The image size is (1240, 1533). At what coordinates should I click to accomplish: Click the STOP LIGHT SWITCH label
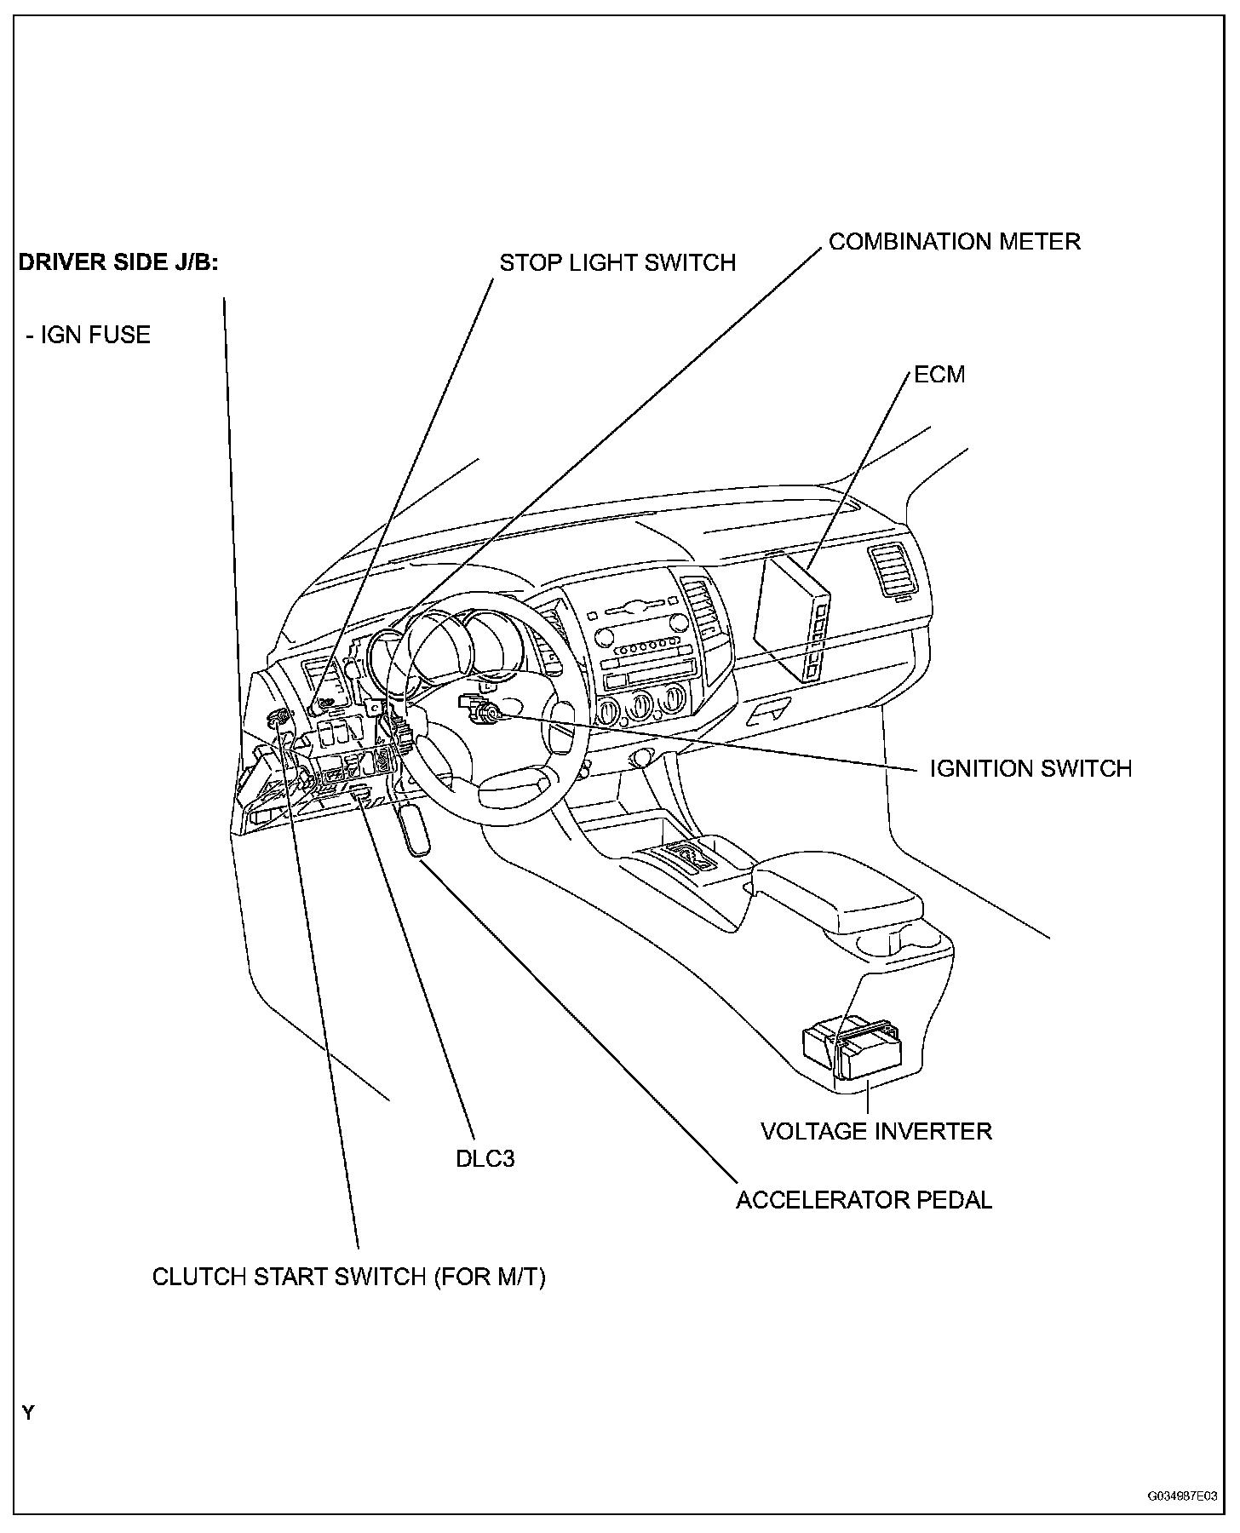coord(617,262)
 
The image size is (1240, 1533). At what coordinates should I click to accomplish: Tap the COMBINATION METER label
coord(954,242)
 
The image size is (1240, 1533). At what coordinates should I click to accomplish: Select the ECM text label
coord(939,375)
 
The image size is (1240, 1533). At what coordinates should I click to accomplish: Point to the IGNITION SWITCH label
coord(1030,768)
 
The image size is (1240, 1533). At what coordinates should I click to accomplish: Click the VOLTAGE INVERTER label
coord(876,1131)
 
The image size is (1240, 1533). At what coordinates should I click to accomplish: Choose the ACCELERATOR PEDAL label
coord(864,1200)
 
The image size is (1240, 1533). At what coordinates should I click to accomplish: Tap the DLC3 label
coord(485,1158)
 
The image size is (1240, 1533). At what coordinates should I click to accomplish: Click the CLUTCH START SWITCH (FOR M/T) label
coord(348,1277)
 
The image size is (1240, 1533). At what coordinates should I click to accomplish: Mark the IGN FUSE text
coord(89,335)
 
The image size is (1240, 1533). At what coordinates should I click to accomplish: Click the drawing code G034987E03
coord(1181,1495)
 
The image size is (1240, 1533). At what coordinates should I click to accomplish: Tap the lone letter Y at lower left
coord(29,1413)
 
